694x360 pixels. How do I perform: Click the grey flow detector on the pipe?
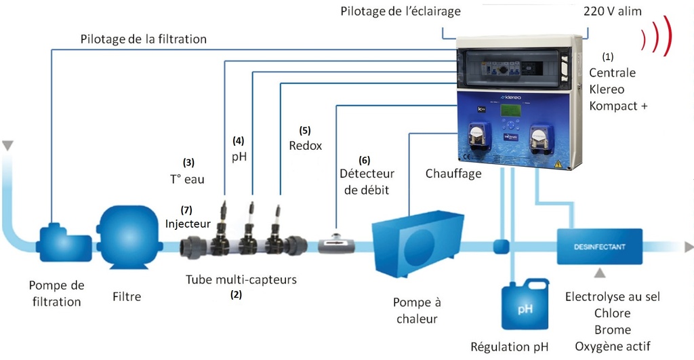pos(335,243)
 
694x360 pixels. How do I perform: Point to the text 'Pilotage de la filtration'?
pos(143,39)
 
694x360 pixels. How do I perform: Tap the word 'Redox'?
pos(306,146)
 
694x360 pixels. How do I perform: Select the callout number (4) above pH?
pos(239,141)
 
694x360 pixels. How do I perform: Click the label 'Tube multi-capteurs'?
pos(241,279)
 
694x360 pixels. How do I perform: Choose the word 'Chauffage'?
pos(453,174)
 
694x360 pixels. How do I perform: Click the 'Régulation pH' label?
pos(509,347)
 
